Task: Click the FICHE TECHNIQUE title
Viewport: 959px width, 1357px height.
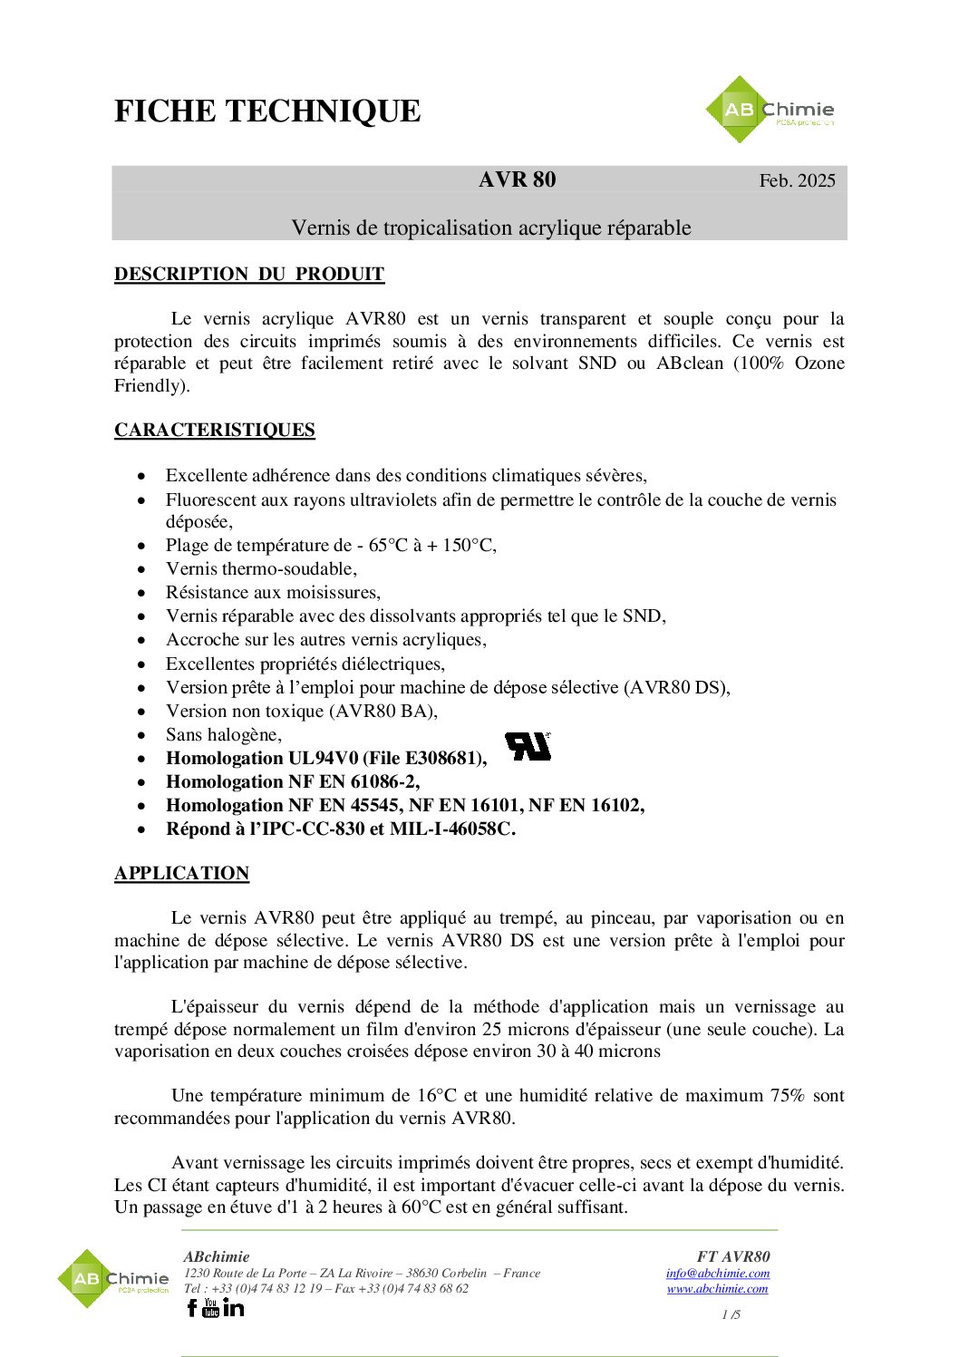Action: [x=267, y=111]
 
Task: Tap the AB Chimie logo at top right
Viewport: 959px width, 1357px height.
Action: [x=770, y=110]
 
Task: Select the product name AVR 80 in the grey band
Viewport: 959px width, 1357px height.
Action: [x=517, y=179]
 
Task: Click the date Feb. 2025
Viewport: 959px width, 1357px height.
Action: [x=797, y=180]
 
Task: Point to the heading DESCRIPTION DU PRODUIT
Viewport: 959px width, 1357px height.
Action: [x=249, y=274]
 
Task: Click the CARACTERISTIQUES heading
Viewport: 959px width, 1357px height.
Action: [x=215, y=430]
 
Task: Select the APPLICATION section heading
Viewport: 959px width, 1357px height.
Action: [x=181, y=873]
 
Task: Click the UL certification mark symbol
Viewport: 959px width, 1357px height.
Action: [x=528, y=746]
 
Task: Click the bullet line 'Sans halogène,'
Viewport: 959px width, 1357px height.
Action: [x=224, y=734]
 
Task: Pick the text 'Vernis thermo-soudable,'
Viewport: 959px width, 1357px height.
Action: [x=261, y=568]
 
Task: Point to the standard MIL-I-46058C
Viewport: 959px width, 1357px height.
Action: [x=452, y=829]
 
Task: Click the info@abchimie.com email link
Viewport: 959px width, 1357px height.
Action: [x=717, y=1273]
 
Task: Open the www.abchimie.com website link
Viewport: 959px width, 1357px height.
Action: [x=717, y=1288]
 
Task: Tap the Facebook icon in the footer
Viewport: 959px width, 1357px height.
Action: [x=191, y=1307]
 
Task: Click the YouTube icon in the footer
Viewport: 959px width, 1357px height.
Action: [x=211, y=1307]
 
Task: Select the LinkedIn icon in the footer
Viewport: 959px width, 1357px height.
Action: [x=234, y=1307]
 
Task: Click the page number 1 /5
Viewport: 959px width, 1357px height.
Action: [x=731, y=1314]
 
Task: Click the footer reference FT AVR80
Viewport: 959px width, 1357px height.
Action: [x=733, y=1256]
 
